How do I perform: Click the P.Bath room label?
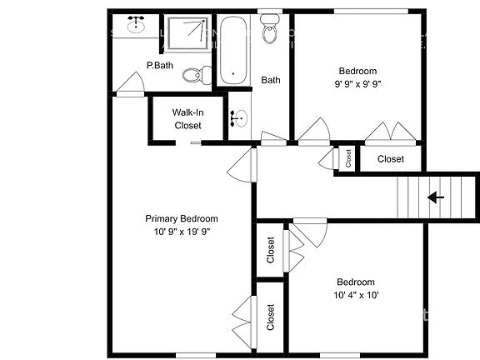coord(159,65)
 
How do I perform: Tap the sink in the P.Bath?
coord(136,26)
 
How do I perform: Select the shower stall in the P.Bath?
coord(186,33)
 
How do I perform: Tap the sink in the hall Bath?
coord(237,119)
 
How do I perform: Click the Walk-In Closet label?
coord(187,118)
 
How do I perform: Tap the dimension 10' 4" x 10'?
coord(356,295)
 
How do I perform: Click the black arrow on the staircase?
coord(435,197)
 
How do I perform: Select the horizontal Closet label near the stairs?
coord(390,158)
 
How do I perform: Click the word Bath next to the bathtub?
coord(271,81)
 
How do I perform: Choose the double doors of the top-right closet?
coord(390,132)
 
